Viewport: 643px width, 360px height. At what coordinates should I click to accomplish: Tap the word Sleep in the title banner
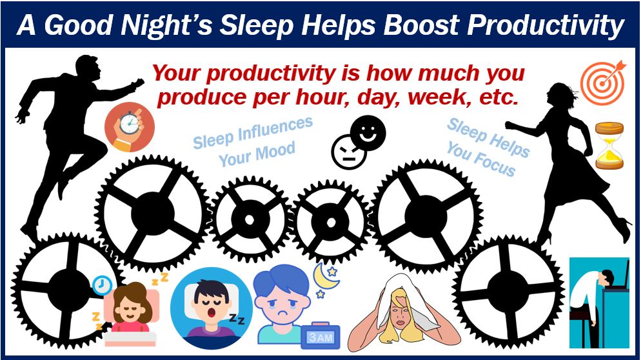(256, 26)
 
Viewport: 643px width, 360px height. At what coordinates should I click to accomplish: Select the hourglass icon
(609, 146)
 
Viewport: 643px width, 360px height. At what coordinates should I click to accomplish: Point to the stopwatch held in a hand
(130, 126)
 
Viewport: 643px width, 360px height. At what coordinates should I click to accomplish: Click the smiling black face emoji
(368, 133)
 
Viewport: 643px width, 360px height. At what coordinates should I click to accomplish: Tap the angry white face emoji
(349, 152)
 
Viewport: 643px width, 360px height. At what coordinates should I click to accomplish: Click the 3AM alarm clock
(321, 336)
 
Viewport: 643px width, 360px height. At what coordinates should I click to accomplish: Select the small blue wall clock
(102, 285)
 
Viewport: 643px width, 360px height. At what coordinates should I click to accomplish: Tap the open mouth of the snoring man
(213, 314)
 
